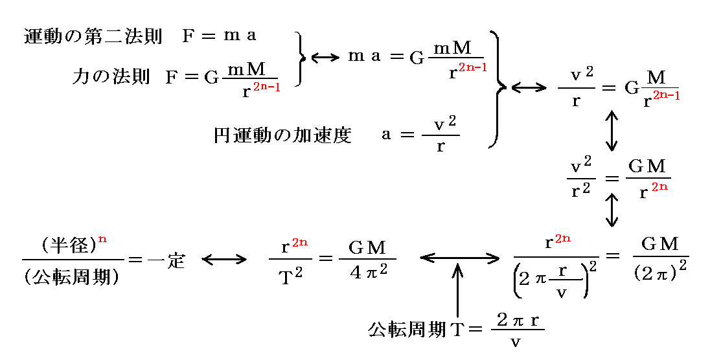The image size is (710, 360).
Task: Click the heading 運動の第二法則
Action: coord(92,36)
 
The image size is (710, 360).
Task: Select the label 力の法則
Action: coord(110,78)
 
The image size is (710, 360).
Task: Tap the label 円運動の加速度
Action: coord(282,135)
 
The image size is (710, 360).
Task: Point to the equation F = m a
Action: coord(219,36)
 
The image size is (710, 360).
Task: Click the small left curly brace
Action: coord(300,58)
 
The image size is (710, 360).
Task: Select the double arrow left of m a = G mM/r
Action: coord(325,58)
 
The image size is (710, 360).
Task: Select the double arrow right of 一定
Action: coord(224,260)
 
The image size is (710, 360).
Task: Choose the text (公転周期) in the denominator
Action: coord(71,277)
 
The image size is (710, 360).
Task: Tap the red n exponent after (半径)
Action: coord(102,239)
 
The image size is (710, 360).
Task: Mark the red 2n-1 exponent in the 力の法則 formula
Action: coord(266,87)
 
